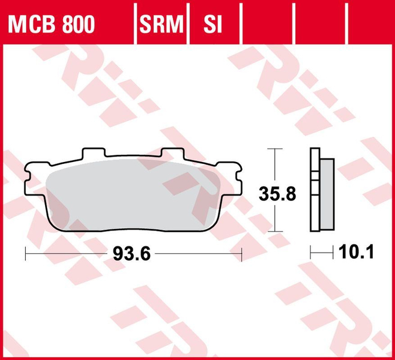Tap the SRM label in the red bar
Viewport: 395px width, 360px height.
tap(160, 25)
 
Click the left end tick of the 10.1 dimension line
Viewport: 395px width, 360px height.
tap(311, 253)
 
